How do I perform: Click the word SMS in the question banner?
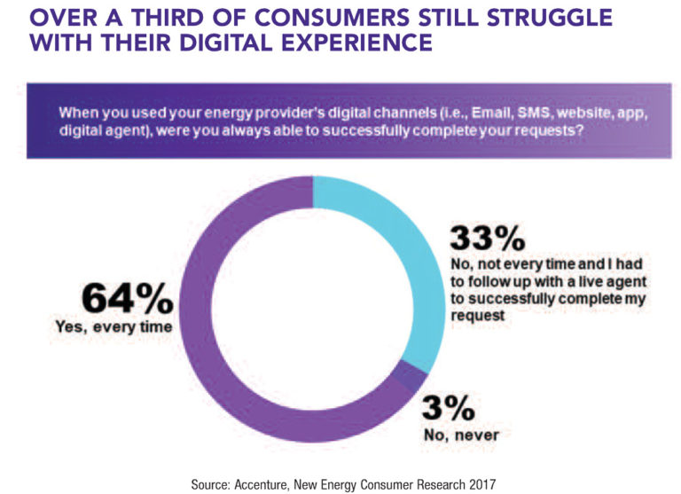(506, 113)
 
